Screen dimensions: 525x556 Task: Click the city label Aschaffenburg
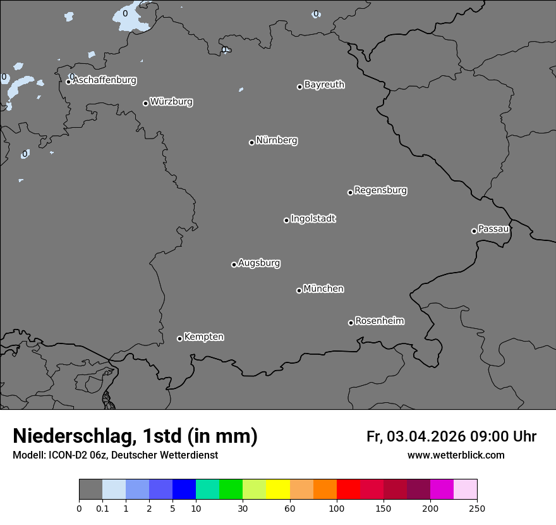pos(104,80)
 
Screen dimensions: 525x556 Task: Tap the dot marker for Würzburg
pos(145,103)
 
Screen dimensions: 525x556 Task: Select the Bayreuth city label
pos(324,85)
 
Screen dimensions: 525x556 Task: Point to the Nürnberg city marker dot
pos(251,142)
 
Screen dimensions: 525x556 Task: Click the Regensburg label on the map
pos(380,190)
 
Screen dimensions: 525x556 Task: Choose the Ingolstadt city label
pos(313,219)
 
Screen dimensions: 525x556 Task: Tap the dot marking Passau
pos(474,231)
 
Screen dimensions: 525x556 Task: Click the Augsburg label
pos(259,263)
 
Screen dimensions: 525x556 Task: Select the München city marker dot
pos(299,290)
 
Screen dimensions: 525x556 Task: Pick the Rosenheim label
pos(379,321)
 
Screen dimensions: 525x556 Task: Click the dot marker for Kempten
pos(179,338)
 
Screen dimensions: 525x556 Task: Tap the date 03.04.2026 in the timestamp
pos(426,436)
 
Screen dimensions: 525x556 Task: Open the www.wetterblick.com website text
pos(456,455)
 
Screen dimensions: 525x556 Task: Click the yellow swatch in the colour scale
pos(278,490)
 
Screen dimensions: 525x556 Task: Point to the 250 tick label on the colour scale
pos(477,508)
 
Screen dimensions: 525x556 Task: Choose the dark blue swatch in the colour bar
pos(184,490)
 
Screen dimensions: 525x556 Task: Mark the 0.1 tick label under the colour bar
pos(102,508)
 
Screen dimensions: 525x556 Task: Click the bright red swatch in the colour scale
pos(348,490)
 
